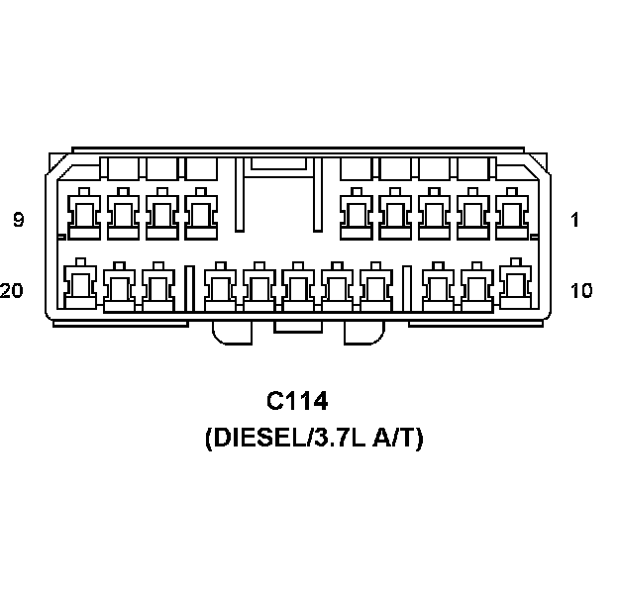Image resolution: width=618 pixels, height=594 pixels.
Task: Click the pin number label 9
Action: [19, 220]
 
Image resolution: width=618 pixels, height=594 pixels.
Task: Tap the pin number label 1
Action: [574, 220]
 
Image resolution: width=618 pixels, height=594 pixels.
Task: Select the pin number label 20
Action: [13, 290]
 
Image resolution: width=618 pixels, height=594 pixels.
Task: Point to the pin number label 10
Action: [580, 290]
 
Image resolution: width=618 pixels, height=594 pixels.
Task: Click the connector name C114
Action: [297, 402]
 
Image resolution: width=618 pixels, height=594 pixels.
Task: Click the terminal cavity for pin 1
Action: [511, 213]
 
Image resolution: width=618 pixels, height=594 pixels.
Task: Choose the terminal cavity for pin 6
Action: [200, 213]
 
